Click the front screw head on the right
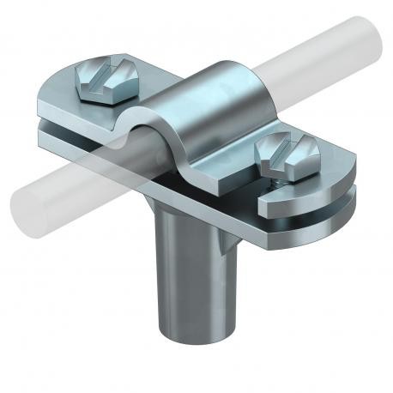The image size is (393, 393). pyautogui.click(x=283, y=155)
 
